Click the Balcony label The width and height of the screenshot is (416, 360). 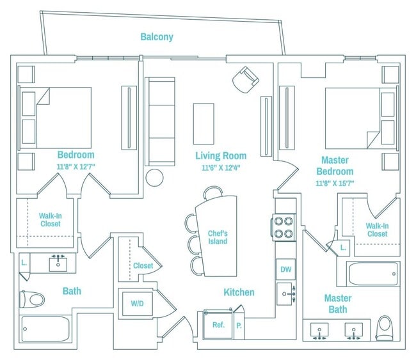[157, 37]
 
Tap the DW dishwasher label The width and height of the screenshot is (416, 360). [285, 269]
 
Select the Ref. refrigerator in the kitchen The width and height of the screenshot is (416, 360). [218, 324]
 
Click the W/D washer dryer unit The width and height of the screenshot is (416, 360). [137, 304]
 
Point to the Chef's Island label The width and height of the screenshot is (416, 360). [218, 237]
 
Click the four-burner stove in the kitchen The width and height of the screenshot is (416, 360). [284, 227]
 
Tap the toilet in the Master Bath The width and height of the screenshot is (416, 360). [384, 328]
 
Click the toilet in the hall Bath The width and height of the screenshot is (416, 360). [32, 299]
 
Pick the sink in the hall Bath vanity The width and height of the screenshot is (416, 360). [58, 263]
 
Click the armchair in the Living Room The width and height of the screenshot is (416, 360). [245, 79]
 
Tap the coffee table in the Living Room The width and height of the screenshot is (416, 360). [204, 124]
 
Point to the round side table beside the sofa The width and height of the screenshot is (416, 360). [154, 178]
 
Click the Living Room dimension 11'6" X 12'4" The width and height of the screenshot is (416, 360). [221, 168]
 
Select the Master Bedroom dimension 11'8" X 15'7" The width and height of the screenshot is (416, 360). [335, 183]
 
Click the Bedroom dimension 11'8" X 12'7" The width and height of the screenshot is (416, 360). [76, 167]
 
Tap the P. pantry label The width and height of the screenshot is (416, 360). [239, 326]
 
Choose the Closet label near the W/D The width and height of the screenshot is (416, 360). [143, 265]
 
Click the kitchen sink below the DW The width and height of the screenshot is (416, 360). [286, 293]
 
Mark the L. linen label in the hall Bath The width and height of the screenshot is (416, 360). [24, 263]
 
